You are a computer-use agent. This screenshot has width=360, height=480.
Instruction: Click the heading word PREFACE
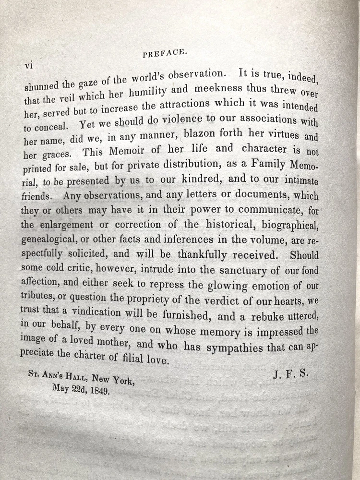pyautogui.click(x=164, y=54)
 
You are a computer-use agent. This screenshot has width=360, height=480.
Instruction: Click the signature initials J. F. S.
pyautogui.click(x=289, y=374)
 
